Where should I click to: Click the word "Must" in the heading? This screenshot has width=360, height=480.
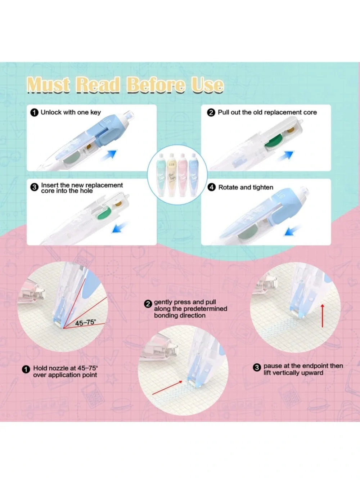49,85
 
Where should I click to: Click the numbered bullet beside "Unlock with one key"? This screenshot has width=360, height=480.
34,113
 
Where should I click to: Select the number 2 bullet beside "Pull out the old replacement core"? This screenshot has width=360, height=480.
211,113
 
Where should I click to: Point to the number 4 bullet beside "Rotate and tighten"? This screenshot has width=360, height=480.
211,188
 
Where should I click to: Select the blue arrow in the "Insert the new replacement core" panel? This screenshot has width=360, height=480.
120,227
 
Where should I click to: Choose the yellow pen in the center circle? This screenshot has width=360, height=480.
172,175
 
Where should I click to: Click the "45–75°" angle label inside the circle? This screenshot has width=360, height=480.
85,322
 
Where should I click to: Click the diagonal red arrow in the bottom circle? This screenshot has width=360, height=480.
167,387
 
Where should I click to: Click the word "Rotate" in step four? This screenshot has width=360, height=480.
228,187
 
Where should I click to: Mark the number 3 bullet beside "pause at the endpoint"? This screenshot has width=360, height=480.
257,367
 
